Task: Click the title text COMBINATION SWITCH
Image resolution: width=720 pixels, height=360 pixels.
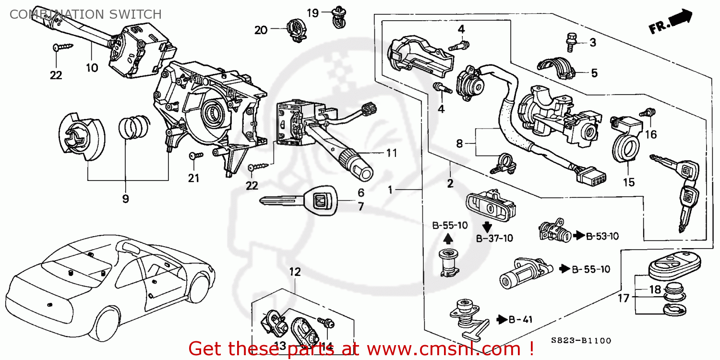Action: (x=85, y=14)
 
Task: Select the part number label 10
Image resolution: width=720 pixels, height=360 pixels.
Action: (x=92, y=68)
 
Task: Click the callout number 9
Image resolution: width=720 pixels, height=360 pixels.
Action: (x=125, y=198)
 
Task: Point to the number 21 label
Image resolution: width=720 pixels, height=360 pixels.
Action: (x=193, y=178)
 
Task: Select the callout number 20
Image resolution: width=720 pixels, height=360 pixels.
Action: (x=261, y=30)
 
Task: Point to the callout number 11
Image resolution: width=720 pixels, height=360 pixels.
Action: (x=392, y=153)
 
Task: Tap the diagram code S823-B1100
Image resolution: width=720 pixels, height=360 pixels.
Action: (x=581, y=341)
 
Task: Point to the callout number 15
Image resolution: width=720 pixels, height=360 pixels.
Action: (x=629, y=182)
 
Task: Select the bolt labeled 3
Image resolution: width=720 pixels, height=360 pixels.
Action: (x=571, y=42)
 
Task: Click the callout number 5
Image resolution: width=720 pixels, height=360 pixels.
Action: (x=594, y=73)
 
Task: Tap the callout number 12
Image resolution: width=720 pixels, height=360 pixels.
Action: (x=295, y=272)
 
